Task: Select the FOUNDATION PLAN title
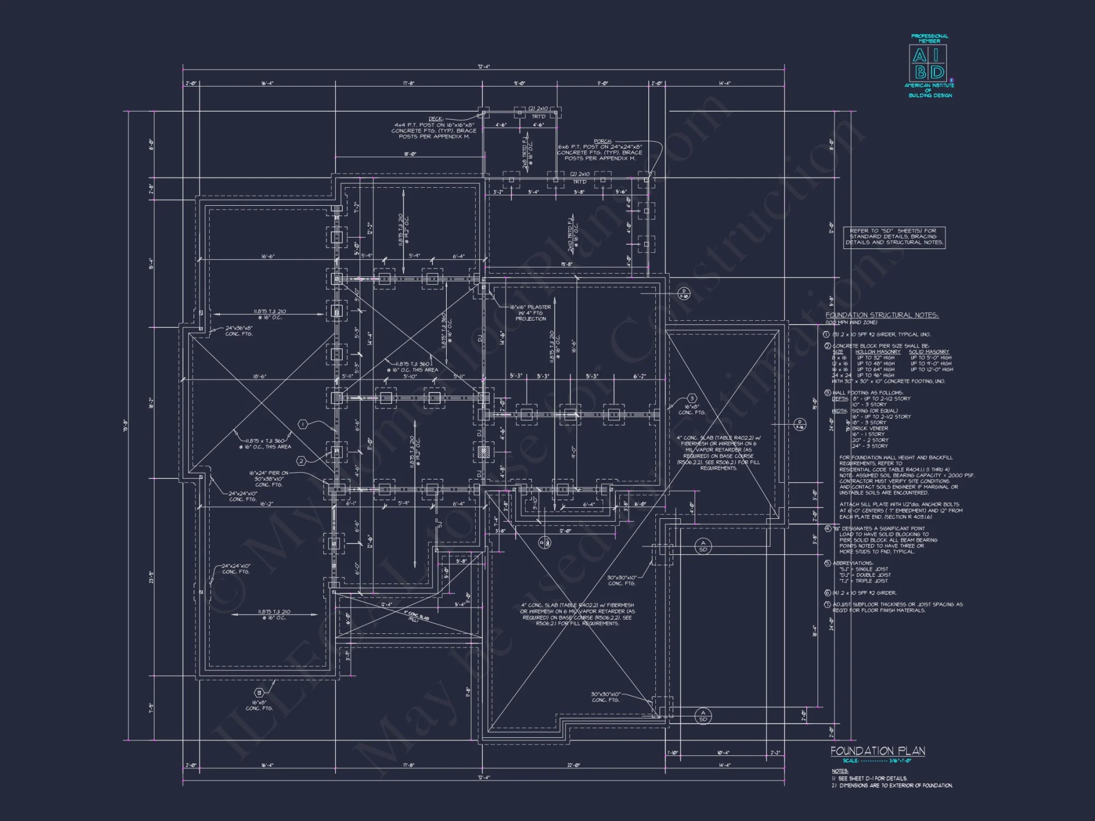pyautogui.click(x=877, y=751)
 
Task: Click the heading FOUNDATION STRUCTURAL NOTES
pyautogui.click(x=881, y=315)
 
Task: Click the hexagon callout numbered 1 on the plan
pyautogui.click(x=303, y=425)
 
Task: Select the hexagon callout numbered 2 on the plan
pyautogui.click(x=301, y=461)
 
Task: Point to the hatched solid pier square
pyautogui.click(x=482, y=452)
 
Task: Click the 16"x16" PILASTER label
pyautogui.click(x=530, y=308)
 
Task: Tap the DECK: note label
pyautogui.click(x=436, y=119)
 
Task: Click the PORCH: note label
pyautogui.click(x=602, y=141)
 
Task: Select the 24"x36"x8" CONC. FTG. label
pyautogui.click(x=239, y=328)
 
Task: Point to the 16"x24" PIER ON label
pyautogui.click(x=268, y=473)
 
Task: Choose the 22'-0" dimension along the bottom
pyautogui.click(x=573, y=766)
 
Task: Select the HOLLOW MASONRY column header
pyautogui.click(x=878, y=352)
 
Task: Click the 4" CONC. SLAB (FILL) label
pyautogui.click(x=417, y=616)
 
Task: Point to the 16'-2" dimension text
pyautogui.click(x=266, y=504)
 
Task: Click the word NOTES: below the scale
pyautogui.click(x=839, y=771)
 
